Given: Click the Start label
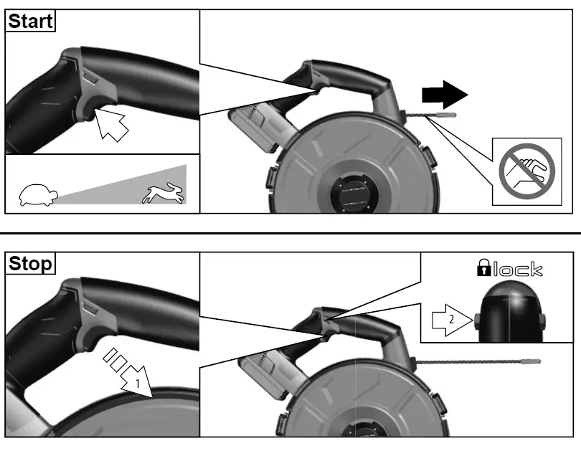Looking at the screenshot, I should [x=30, y=21].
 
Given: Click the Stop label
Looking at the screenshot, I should [x=30, y=264].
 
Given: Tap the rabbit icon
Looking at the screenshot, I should [x=165, y=192].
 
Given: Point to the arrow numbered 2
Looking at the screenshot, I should [x=448, y=322].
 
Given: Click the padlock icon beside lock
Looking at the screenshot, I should [x=486, y=270].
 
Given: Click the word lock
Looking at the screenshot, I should [x=517, y=270].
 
